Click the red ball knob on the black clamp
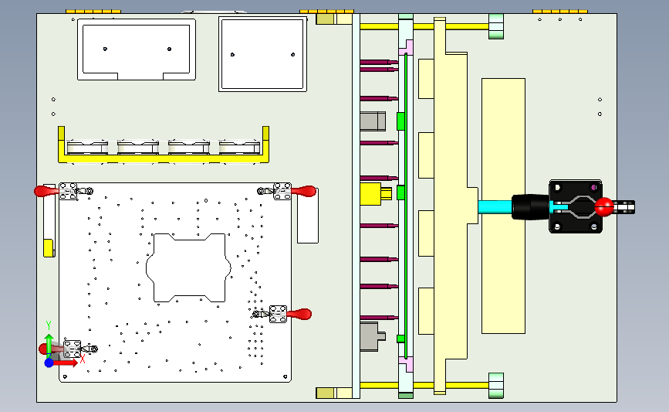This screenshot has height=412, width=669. (x=604, y=206)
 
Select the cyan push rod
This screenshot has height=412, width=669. (x=494, y=207)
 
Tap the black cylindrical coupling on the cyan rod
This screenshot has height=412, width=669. (x=529, y=207)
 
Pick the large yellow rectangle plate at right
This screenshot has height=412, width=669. (x=503, y=206)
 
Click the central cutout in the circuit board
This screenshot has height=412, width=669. (x=189, y=267)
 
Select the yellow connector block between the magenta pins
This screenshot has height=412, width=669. (x=374, y=192)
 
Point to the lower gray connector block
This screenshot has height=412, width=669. (x=372, y=337)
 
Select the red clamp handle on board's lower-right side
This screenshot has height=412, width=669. (x=301, y=314)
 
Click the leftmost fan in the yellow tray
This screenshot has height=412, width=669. (x=86, y=146)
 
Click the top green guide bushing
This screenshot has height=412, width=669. (x=495, y=27)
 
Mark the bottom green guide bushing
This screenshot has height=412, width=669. (x=495, y=383)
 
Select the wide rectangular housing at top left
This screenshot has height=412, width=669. (x=136, y=49)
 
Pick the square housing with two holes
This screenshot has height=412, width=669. (x=262, y=54)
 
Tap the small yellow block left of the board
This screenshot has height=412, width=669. (x=48, y=247)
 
